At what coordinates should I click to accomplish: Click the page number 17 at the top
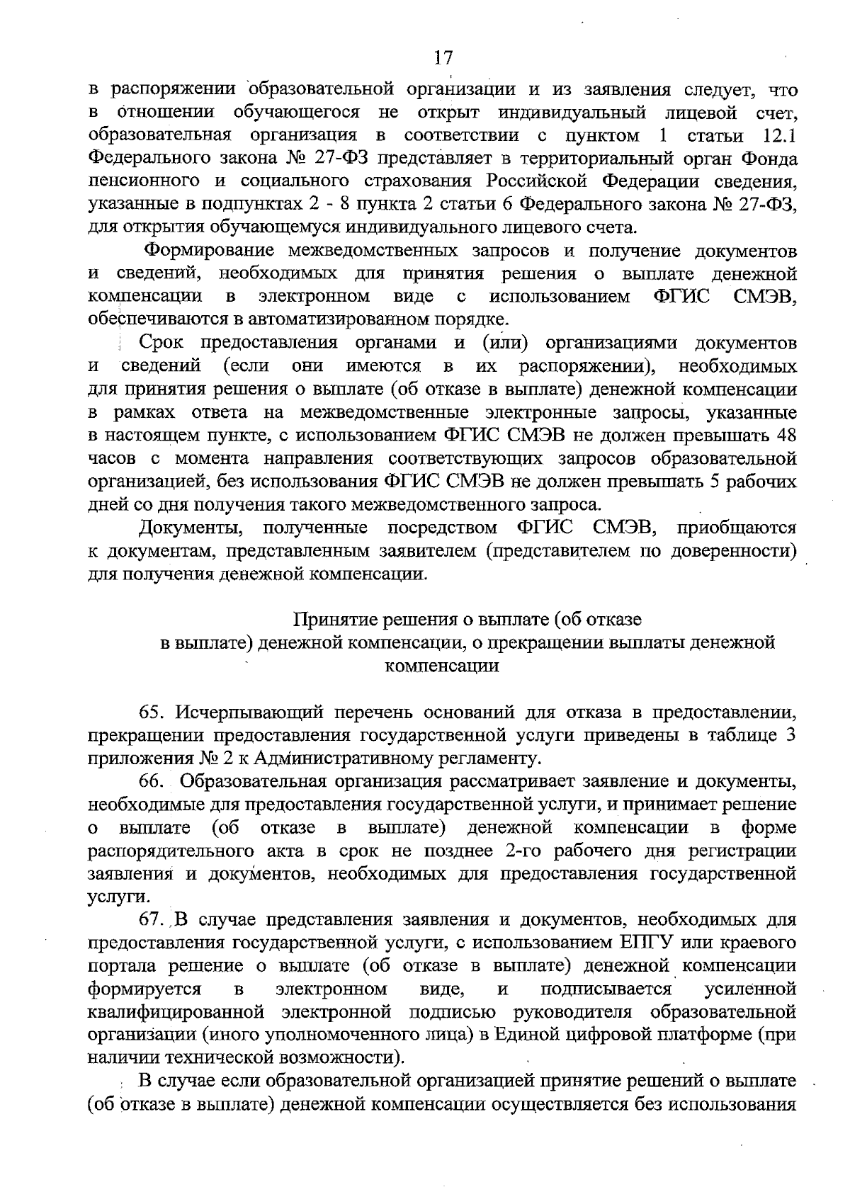click(443, 57)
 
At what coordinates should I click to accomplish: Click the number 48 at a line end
click(787, 435)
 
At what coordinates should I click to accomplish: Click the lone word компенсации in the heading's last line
click(442, 666)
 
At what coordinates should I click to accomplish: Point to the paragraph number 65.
click(152, 712)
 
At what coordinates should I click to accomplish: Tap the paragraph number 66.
click(152, 781)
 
